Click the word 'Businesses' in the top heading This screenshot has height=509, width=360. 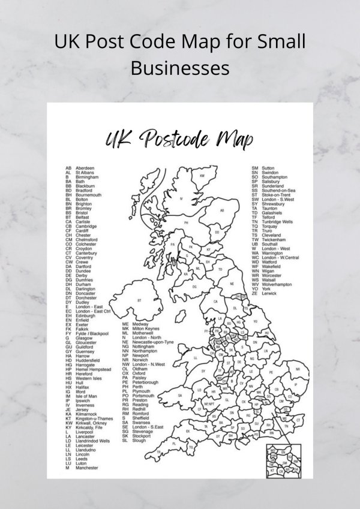coord(180,67)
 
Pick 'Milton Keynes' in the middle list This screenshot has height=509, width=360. coord(146,329)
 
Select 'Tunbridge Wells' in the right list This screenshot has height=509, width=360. coord(277,222)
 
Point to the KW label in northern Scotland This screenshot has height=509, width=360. coord(202,176)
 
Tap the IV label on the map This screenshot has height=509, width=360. coord(181,197)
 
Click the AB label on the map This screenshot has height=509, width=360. coord(221,210)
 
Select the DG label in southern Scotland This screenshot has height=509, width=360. coord(194,287)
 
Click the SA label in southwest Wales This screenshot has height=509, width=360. coord(180,396)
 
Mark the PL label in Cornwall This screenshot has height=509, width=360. coord(173,443)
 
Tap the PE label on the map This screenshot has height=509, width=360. coord(271,373)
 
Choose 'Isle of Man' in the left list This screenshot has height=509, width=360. coord(86,396)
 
